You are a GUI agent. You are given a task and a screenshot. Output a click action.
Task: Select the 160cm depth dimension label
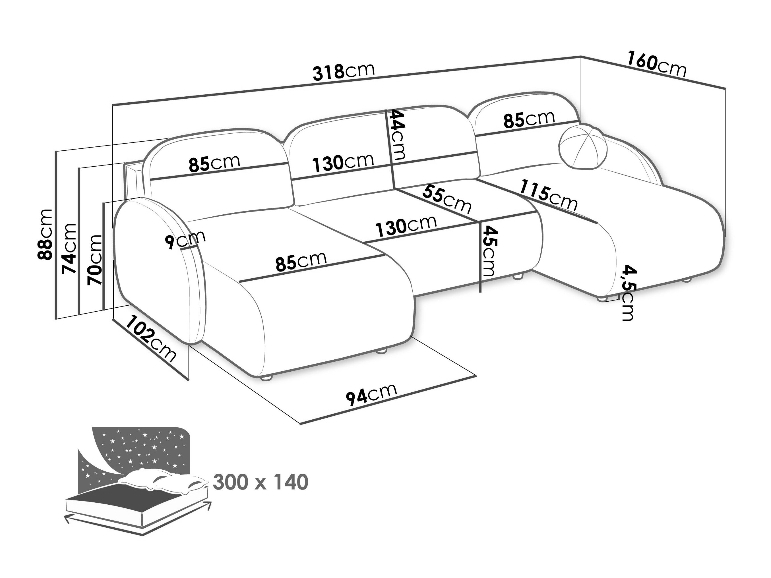(657, 68)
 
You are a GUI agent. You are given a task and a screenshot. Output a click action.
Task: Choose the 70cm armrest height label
(94, 260)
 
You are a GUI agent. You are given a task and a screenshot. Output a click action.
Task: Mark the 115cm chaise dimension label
(549, 196)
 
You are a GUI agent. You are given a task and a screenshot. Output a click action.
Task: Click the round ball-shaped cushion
(582, 147)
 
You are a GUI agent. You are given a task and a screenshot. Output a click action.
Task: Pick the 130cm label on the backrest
(343, 163)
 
